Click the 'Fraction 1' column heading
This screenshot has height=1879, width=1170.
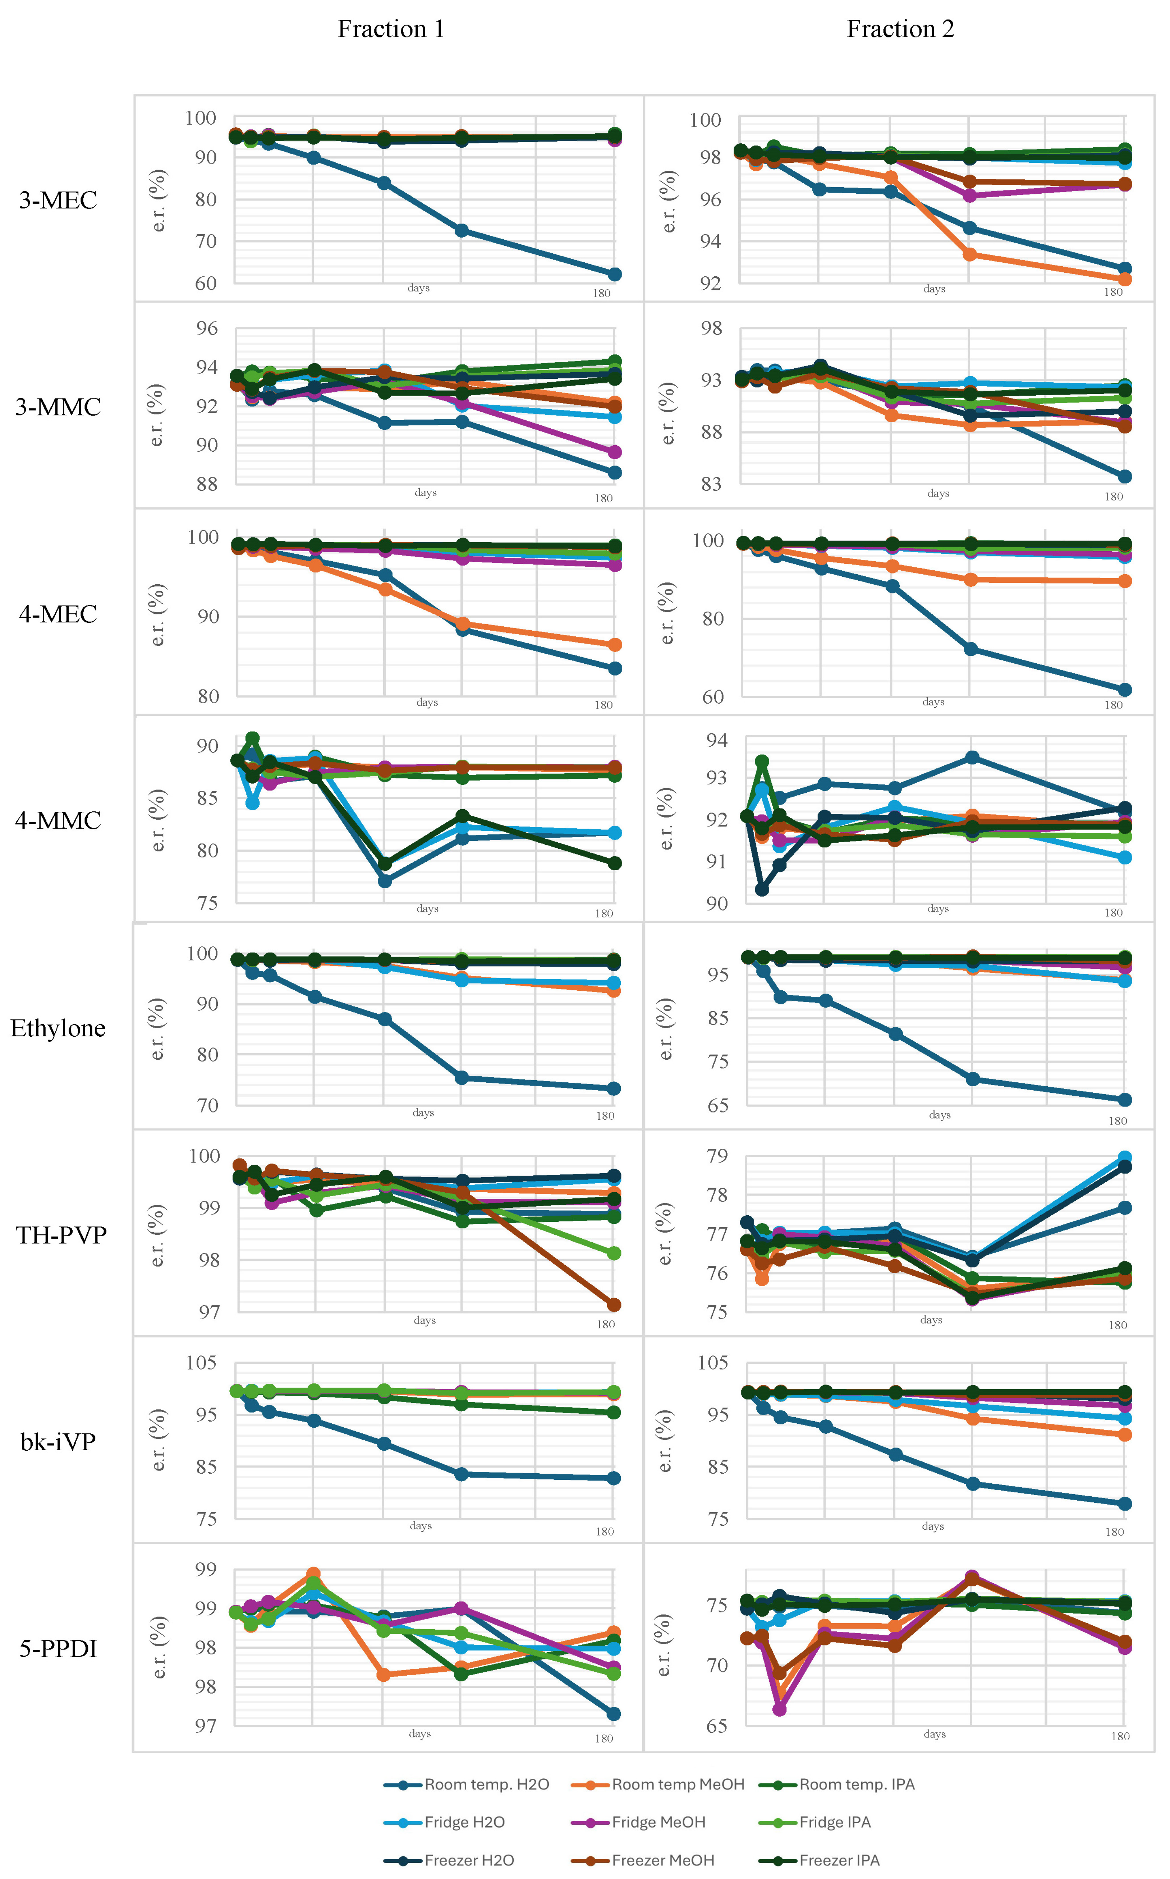391,29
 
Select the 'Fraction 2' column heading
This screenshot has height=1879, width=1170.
900,29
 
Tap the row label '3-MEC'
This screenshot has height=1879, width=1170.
58,201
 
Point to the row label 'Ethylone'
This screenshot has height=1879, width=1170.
58,1028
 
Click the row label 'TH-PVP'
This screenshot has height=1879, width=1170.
61,1235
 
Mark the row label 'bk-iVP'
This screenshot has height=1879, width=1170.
58,1442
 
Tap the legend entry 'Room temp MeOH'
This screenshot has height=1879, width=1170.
658,1784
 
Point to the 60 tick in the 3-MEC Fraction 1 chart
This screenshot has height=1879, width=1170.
206,283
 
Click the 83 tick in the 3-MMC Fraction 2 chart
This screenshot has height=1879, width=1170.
711,483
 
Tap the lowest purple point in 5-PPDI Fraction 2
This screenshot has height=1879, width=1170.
779,1709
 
